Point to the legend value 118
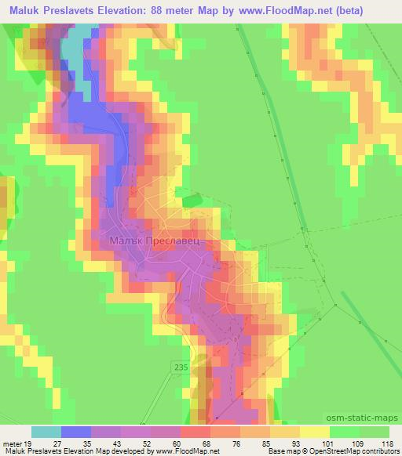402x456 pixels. [386, 443]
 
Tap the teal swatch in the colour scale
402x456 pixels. [46, 432]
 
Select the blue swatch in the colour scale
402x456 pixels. [76, 432]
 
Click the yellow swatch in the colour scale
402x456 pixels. [315, 432]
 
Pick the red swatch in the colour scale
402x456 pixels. [196, 432]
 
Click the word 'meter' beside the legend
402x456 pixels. [11, 443]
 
